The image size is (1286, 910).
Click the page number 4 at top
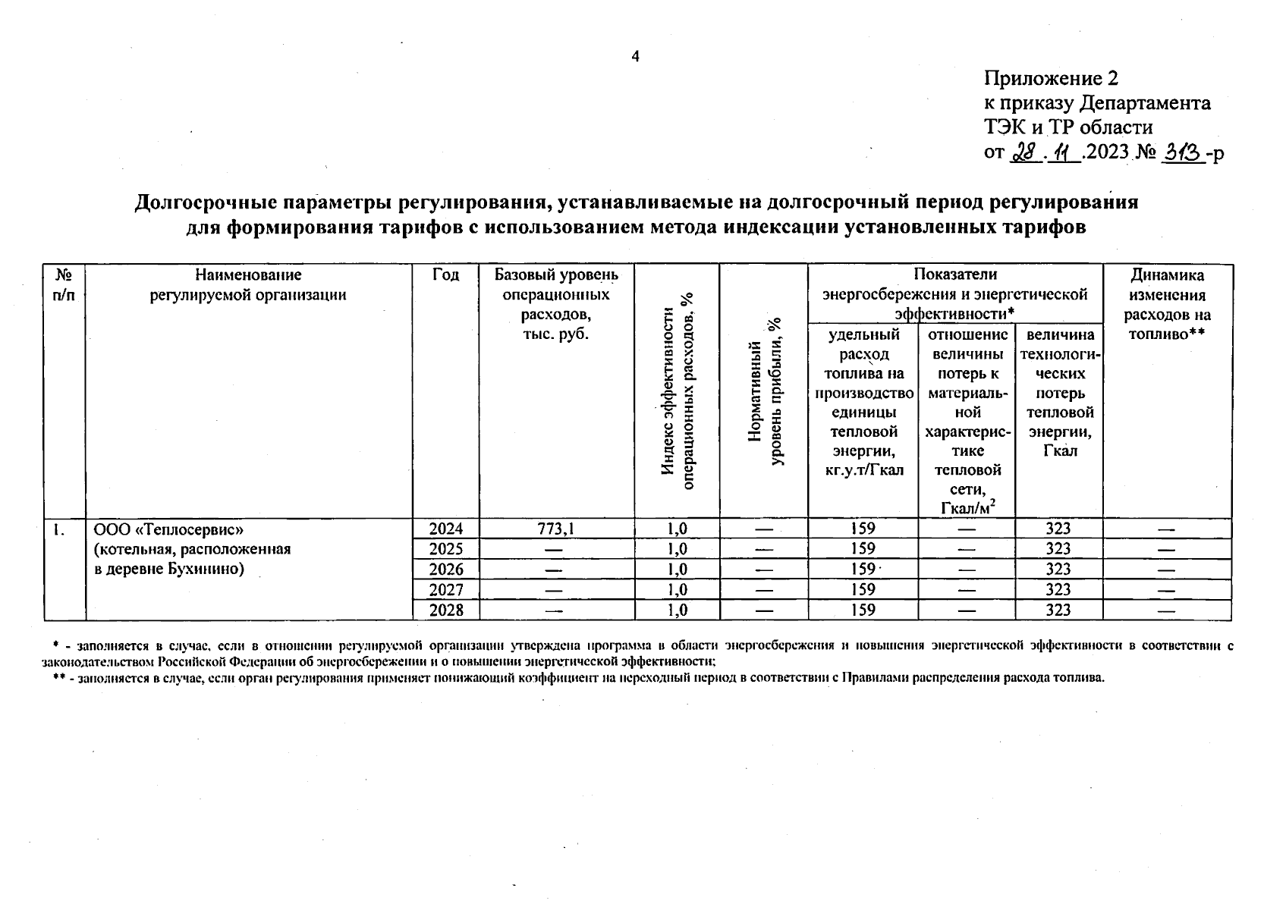pos(636,57)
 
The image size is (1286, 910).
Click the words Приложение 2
pos(1051,79)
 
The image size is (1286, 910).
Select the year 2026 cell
pos(445,570)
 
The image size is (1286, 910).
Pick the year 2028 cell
pos(445,610)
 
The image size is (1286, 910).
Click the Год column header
pos(445,275)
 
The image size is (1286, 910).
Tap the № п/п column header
pos(64,284)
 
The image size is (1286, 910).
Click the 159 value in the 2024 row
pos(863,529)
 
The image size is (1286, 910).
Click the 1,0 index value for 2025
pos(677,549)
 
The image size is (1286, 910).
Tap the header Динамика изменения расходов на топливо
pos(1167,304)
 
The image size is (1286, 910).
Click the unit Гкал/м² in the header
pos(967,507)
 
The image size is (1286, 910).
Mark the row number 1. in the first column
pos(58,529)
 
